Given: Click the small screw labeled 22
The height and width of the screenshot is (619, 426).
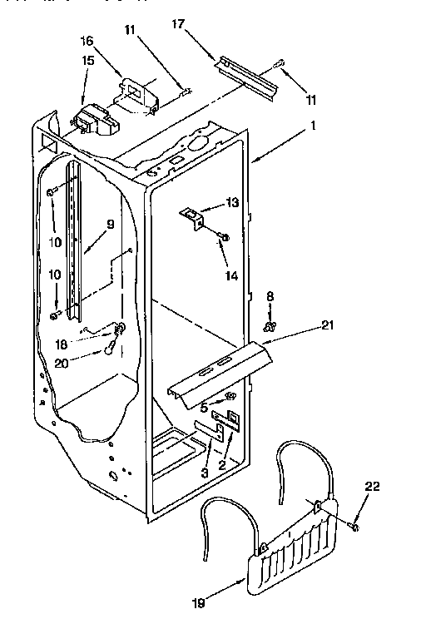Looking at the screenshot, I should pyautogui.click(x=355, y=527).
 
